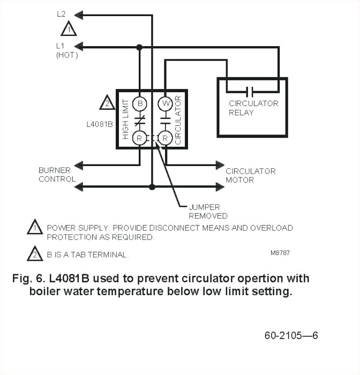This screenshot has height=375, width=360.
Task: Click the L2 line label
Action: [62, 14]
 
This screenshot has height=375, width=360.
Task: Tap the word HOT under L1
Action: [66, 55]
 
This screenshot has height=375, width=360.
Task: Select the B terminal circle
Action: [139, 102]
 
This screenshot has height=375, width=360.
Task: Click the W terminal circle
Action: [165, 102]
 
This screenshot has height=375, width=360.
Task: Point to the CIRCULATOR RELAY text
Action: [253, 108]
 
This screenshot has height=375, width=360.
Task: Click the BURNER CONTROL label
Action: [57, 175]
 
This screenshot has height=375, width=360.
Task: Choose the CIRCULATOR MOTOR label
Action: [250, 175]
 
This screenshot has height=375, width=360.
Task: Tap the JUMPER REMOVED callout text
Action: [208, 211]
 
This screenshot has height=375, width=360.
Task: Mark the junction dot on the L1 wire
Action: [139, 47]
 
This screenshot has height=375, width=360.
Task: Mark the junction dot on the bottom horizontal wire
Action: [152, 187]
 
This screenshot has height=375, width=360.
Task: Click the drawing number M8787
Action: [280, 253]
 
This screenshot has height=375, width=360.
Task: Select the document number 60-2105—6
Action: [291, 336]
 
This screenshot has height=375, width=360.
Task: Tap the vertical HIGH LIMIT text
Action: [126, 119]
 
